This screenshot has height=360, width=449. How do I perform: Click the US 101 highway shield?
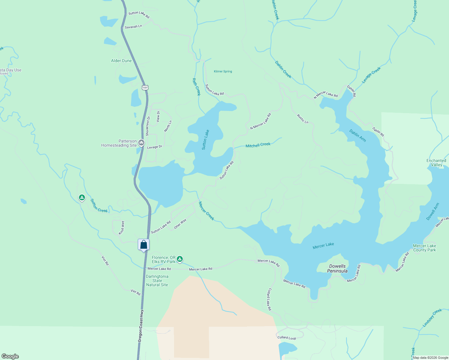coord(145,88)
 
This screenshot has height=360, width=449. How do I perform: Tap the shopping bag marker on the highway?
coord(144,244)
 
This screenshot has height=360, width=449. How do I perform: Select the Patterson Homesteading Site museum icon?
coord(141,143)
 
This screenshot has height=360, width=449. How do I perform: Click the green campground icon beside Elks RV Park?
coord(179,259)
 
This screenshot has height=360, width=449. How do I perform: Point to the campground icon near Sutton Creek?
coord(82,197)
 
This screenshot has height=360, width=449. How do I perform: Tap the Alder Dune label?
coord(121,61)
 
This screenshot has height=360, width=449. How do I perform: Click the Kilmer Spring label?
coord(223,71)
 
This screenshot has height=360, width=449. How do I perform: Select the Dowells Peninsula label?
coord(337,268)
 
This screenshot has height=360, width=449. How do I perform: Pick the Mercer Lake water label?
coord(323,246)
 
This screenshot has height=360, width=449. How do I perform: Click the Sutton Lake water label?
coord(205,140)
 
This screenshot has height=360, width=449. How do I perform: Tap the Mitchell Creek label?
coord(258,145)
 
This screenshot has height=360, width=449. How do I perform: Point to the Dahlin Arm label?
coord(358,135)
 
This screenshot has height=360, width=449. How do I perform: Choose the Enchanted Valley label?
coord(436,163)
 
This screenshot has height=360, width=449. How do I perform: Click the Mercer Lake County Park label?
coord(424,248)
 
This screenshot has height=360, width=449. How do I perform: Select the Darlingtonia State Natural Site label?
coord(157,280)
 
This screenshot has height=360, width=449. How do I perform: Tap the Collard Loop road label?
coord(287,338)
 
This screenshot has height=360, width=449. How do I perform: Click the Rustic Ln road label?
coord(303,119)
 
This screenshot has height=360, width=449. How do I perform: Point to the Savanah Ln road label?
coord(133,27)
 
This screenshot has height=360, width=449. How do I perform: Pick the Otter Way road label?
coord(180,224)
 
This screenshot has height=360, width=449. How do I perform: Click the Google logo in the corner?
coord(10,356)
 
